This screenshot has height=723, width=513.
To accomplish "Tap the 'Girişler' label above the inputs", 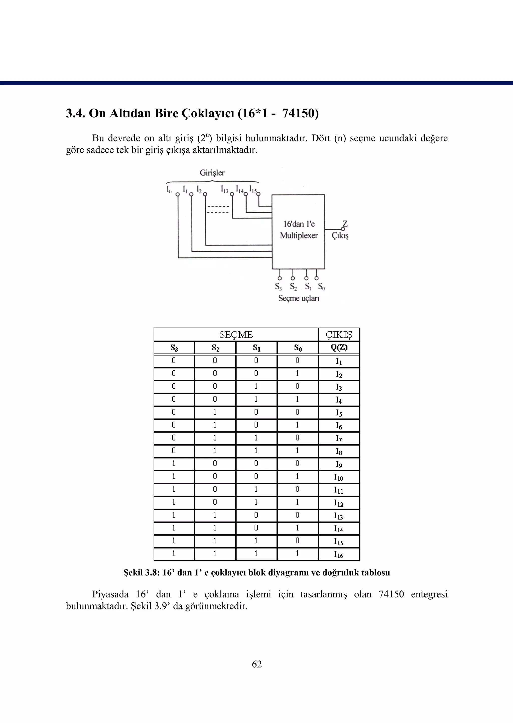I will pos(212,173).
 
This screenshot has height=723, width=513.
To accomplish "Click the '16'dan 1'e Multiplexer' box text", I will pos(299,230).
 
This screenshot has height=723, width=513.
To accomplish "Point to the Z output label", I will pos(345,224).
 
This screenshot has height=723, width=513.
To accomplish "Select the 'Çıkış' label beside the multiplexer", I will pos(340,236).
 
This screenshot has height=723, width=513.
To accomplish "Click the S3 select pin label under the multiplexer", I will pos(278,287).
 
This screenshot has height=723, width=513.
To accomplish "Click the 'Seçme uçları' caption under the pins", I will pos(299,298).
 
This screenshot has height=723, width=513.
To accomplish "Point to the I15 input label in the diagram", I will pos(253,189).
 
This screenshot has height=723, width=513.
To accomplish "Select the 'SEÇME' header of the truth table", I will pos(236,335).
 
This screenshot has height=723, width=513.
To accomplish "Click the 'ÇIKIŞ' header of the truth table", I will pos(339,335).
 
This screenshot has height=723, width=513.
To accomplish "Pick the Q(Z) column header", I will pos(339,348).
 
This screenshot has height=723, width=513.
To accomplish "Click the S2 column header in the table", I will pos(215,348).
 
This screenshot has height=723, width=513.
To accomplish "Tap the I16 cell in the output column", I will pos(339,554).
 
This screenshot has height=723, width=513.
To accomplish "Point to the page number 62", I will pos(256,664).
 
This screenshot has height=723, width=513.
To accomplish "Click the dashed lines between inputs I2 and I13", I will pos(218,209).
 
